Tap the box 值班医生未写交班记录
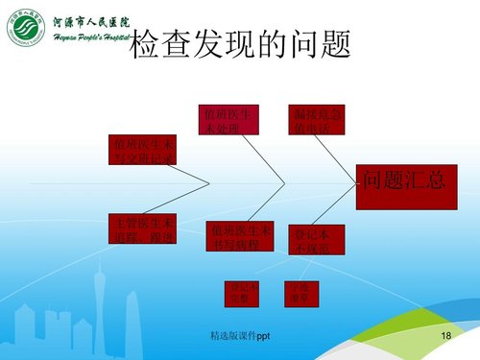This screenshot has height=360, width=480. (x=142, y=152)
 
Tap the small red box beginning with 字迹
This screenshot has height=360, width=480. (x=299, y=293)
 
